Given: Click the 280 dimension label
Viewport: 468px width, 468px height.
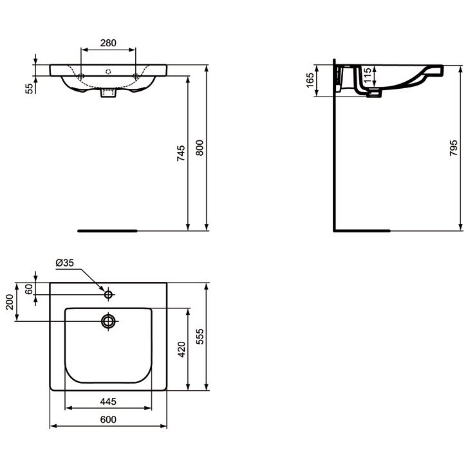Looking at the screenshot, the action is pos(108,43).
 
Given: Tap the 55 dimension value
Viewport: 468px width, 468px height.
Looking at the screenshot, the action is pos(29,88).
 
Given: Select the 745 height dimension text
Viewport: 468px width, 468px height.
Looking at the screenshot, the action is pos(181,153).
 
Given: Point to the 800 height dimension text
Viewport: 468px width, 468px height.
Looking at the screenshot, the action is pos(200,148).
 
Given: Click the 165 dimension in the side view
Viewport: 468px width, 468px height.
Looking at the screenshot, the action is pos(310,80).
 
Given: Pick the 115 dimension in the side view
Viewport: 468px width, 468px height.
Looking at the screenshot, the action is pos(368,75).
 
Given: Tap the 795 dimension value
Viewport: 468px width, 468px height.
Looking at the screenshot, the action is pos(453,148).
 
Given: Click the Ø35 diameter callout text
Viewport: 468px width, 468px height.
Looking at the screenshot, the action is pos(64,263).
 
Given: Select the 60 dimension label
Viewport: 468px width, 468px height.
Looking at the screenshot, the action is pos(29,289).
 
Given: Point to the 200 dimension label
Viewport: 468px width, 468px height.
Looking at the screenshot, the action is pos(10,302).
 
